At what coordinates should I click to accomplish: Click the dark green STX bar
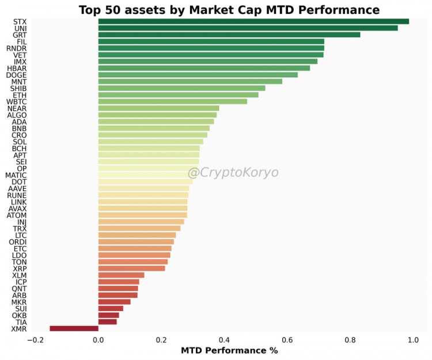[253, 21]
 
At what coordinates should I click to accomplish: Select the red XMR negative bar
[74, 328]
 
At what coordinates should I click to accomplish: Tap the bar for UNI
[248, 28]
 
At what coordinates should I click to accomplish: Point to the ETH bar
[178, 95]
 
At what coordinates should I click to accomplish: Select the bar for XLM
[121, 275]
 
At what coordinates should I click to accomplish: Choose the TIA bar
[107, 321]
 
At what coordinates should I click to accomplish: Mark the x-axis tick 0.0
[98, 340]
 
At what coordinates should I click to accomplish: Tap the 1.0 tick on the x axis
[412, 340]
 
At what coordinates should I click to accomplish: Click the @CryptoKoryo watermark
[233, 173]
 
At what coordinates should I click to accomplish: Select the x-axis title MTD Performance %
[229, 350]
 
